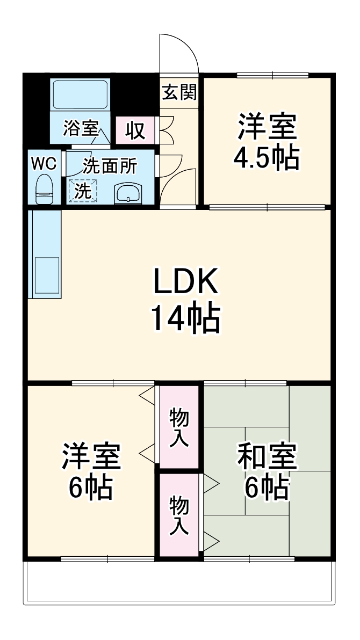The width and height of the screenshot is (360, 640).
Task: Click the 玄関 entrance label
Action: point(179,92)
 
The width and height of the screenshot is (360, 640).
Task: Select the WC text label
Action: point(43,164)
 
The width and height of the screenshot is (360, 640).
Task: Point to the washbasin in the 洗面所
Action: point(129,193)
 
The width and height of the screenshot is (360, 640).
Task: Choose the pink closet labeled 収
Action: point(135,130)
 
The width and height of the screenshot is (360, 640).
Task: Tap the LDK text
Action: point(185,281)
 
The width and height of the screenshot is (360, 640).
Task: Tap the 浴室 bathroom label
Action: point(81,129)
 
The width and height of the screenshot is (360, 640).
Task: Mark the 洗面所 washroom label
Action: point(110,166)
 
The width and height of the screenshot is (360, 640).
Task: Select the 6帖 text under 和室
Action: point(267,488)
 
